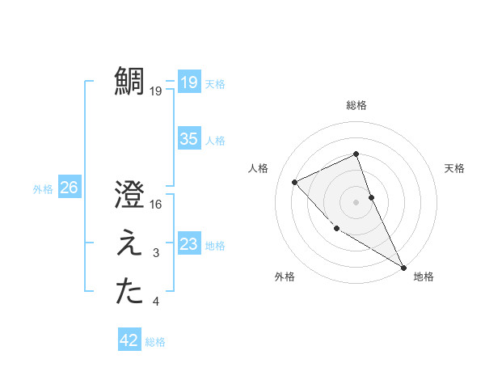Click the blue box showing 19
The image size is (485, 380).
pyautogui.click(x=188, y=82)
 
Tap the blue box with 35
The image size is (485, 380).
pyautogui.click(x=188, y=139)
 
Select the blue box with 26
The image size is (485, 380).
pyautogui.click(x=69, y=188)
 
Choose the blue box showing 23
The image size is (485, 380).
pyautogui.click(x=188, y=244)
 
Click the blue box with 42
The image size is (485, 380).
pyautogui.click(x=129, y=340)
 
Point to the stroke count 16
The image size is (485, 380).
pyautogui.click(x=156, y=205)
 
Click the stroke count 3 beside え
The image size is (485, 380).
pyautogui.click(x=156, y=254)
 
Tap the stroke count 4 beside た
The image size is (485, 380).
pyautogui.click(x=156, y=302)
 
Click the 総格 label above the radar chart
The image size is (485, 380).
pyautogui.click(x=356, y=105)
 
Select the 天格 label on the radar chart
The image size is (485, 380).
pyautogui.click(x=454, y=168)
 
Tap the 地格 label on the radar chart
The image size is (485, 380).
pyautogui.click(x=424, y=277)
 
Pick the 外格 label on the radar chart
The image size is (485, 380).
pyautogui.click(x=285, y=277)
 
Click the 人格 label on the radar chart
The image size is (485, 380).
pyautogui.click(x=258, y=168)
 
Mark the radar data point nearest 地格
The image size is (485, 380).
pyautogui.click(x=403, y=267)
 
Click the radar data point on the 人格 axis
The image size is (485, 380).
pyautogui.click(x=295, y=182)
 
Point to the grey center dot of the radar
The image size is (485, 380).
pyautogui.click(x=356, y=201)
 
